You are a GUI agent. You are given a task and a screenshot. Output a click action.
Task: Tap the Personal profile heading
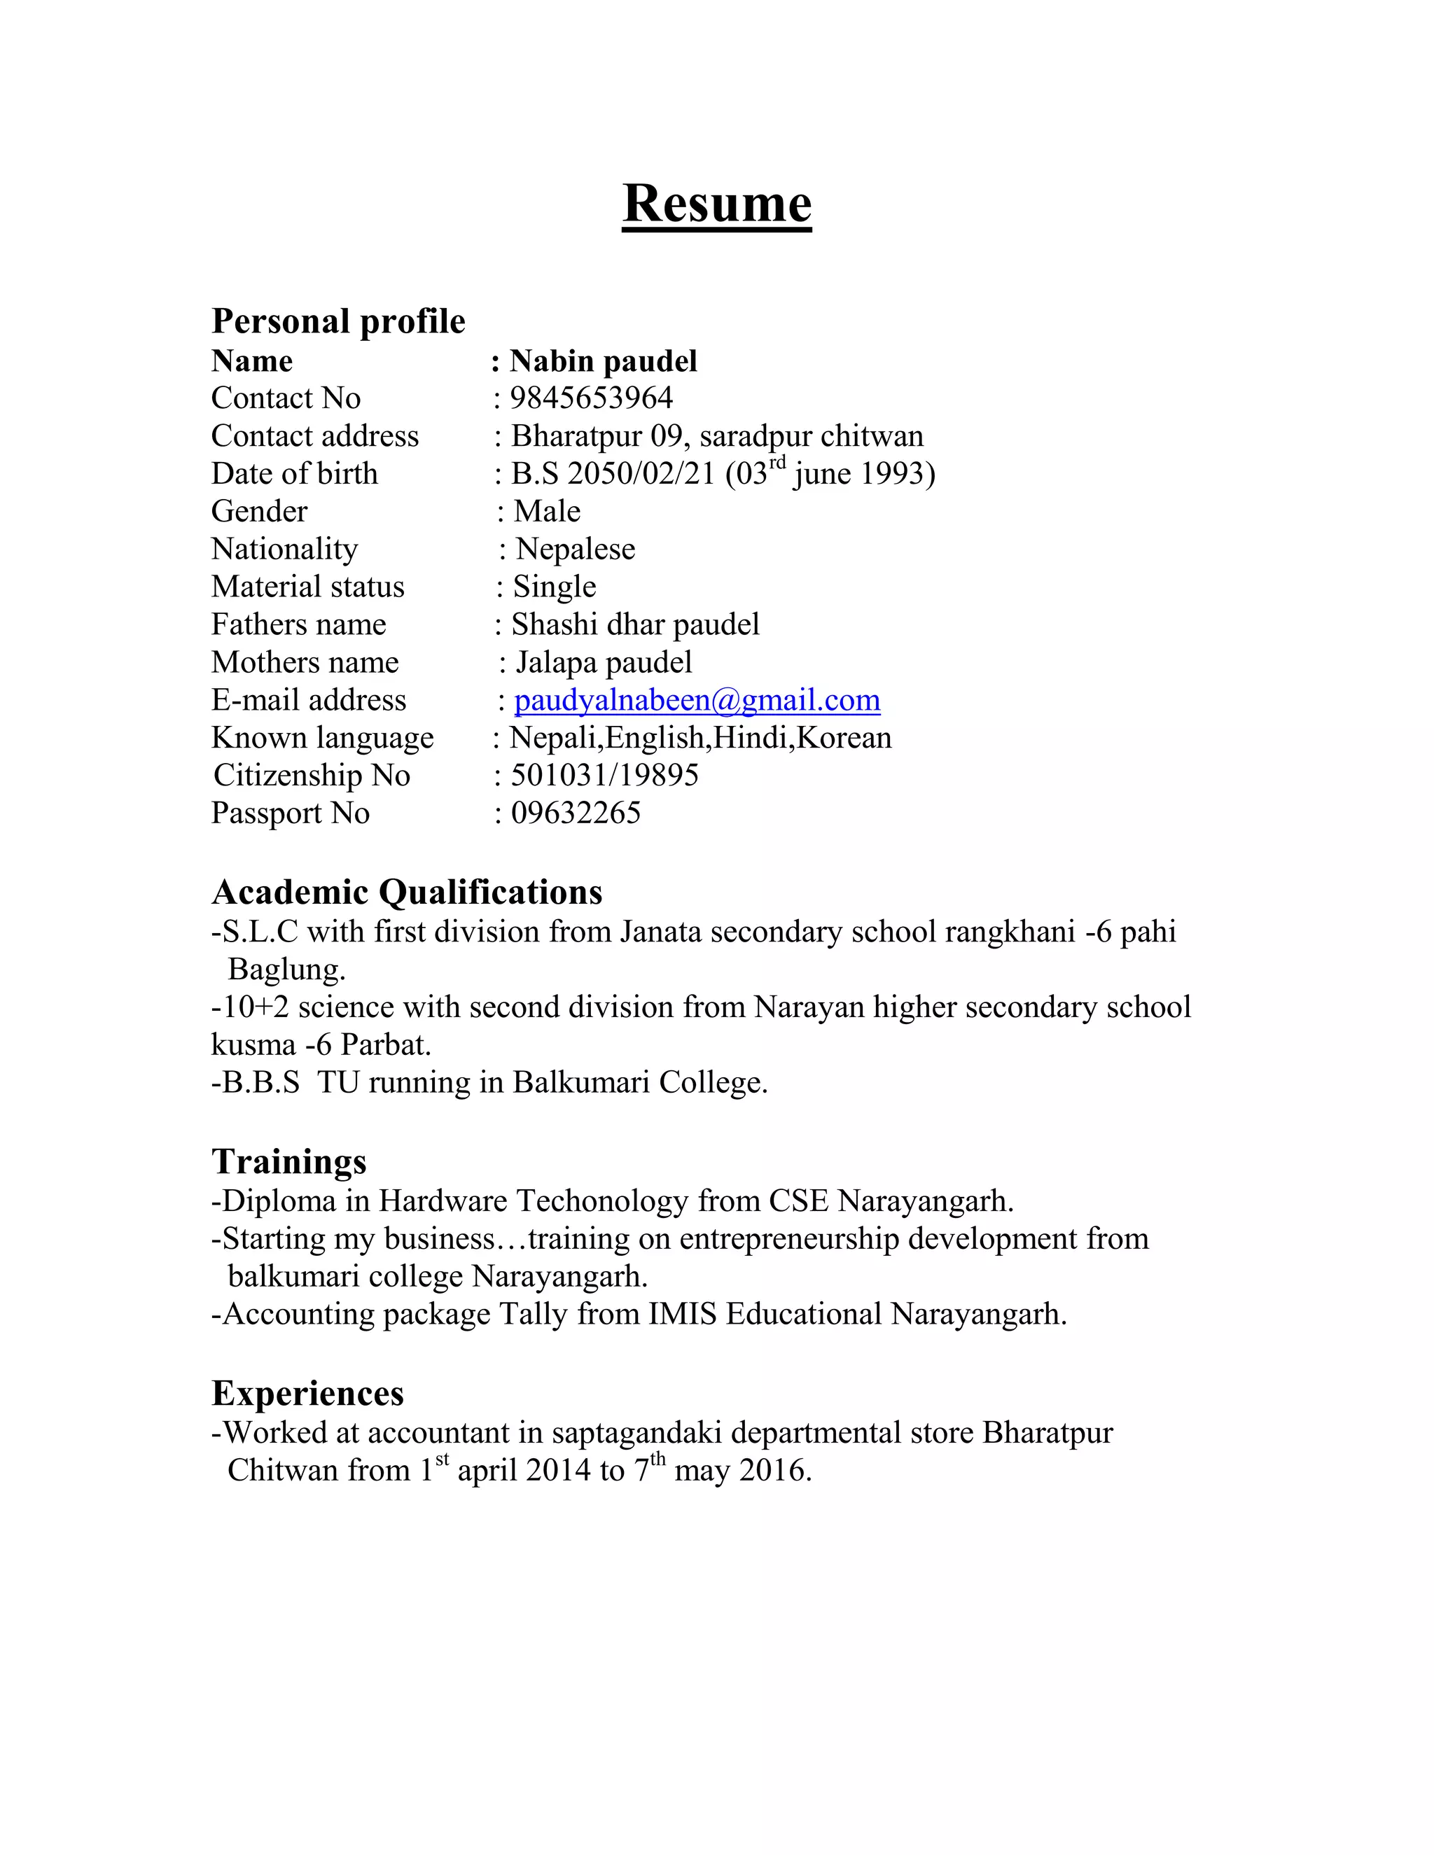click(338, 321)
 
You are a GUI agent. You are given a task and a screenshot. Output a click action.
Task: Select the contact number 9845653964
click(591, 398)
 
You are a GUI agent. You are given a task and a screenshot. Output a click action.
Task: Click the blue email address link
click(697, 700)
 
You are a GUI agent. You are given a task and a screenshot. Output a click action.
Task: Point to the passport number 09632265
click(575, 813)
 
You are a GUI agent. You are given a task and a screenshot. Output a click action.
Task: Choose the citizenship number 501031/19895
click(604, 775)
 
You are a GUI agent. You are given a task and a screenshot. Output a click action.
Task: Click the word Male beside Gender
click(547, 511)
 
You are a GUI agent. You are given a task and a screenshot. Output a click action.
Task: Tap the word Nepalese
click(575, 549)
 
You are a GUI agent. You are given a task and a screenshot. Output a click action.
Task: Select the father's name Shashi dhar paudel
click(634, 624)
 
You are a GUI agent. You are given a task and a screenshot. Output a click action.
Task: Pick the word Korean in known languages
click(844, 737)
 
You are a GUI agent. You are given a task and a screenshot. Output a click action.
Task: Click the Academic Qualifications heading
click(407, 892)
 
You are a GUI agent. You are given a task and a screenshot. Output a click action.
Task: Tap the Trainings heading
click(289, 1161)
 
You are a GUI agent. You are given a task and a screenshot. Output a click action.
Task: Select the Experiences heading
click(307, 1393)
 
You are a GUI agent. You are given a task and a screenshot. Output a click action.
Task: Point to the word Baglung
click(286, 969)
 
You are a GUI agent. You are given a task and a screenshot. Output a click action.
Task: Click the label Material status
click(307, 587)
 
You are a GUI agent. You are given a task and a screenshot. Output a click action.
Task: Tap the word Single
click(554, 587)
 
